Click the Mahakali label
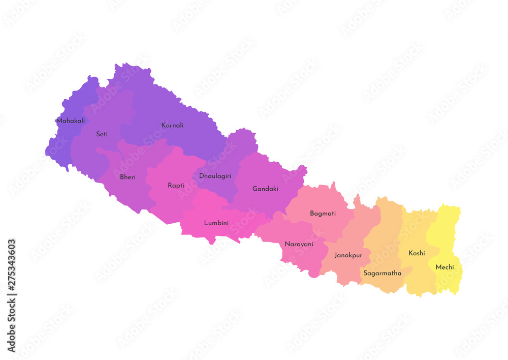(71, 121)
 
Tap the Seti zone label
(102, 134)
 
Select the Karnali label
(172, 125)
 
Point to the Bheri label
(128, 177)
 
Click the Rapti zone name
(176, 186)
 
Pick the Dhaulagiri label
(215, 176)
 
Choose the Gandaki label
(265, 189)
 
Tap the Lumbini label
(216, 223)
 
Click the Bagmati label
(323, 214)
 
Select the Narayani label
(299, 244)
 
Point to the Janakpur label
(348, 255)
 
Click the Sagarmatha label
(382, 273)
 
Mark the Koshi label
(417, 253)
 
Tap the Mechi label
(444, 267)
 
